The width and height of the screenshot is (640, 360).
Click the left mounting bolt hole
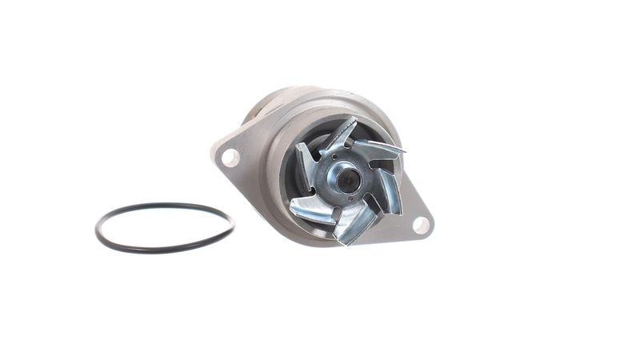230,158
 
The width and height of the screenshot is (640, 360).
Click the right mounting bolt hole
421,225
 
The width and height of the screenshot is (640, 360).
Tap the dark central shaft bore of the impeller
348,181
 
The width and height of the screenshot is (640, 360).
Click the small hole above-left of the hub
334,157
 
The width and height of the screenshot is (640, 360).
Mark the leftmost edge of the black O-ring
97,230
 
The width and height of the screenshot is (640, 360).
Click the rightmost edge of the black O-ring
233,223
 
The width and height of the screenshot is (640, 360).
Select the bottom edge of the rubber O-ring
160,250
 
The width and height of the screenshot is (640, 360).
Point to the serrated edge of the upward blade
348,126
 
